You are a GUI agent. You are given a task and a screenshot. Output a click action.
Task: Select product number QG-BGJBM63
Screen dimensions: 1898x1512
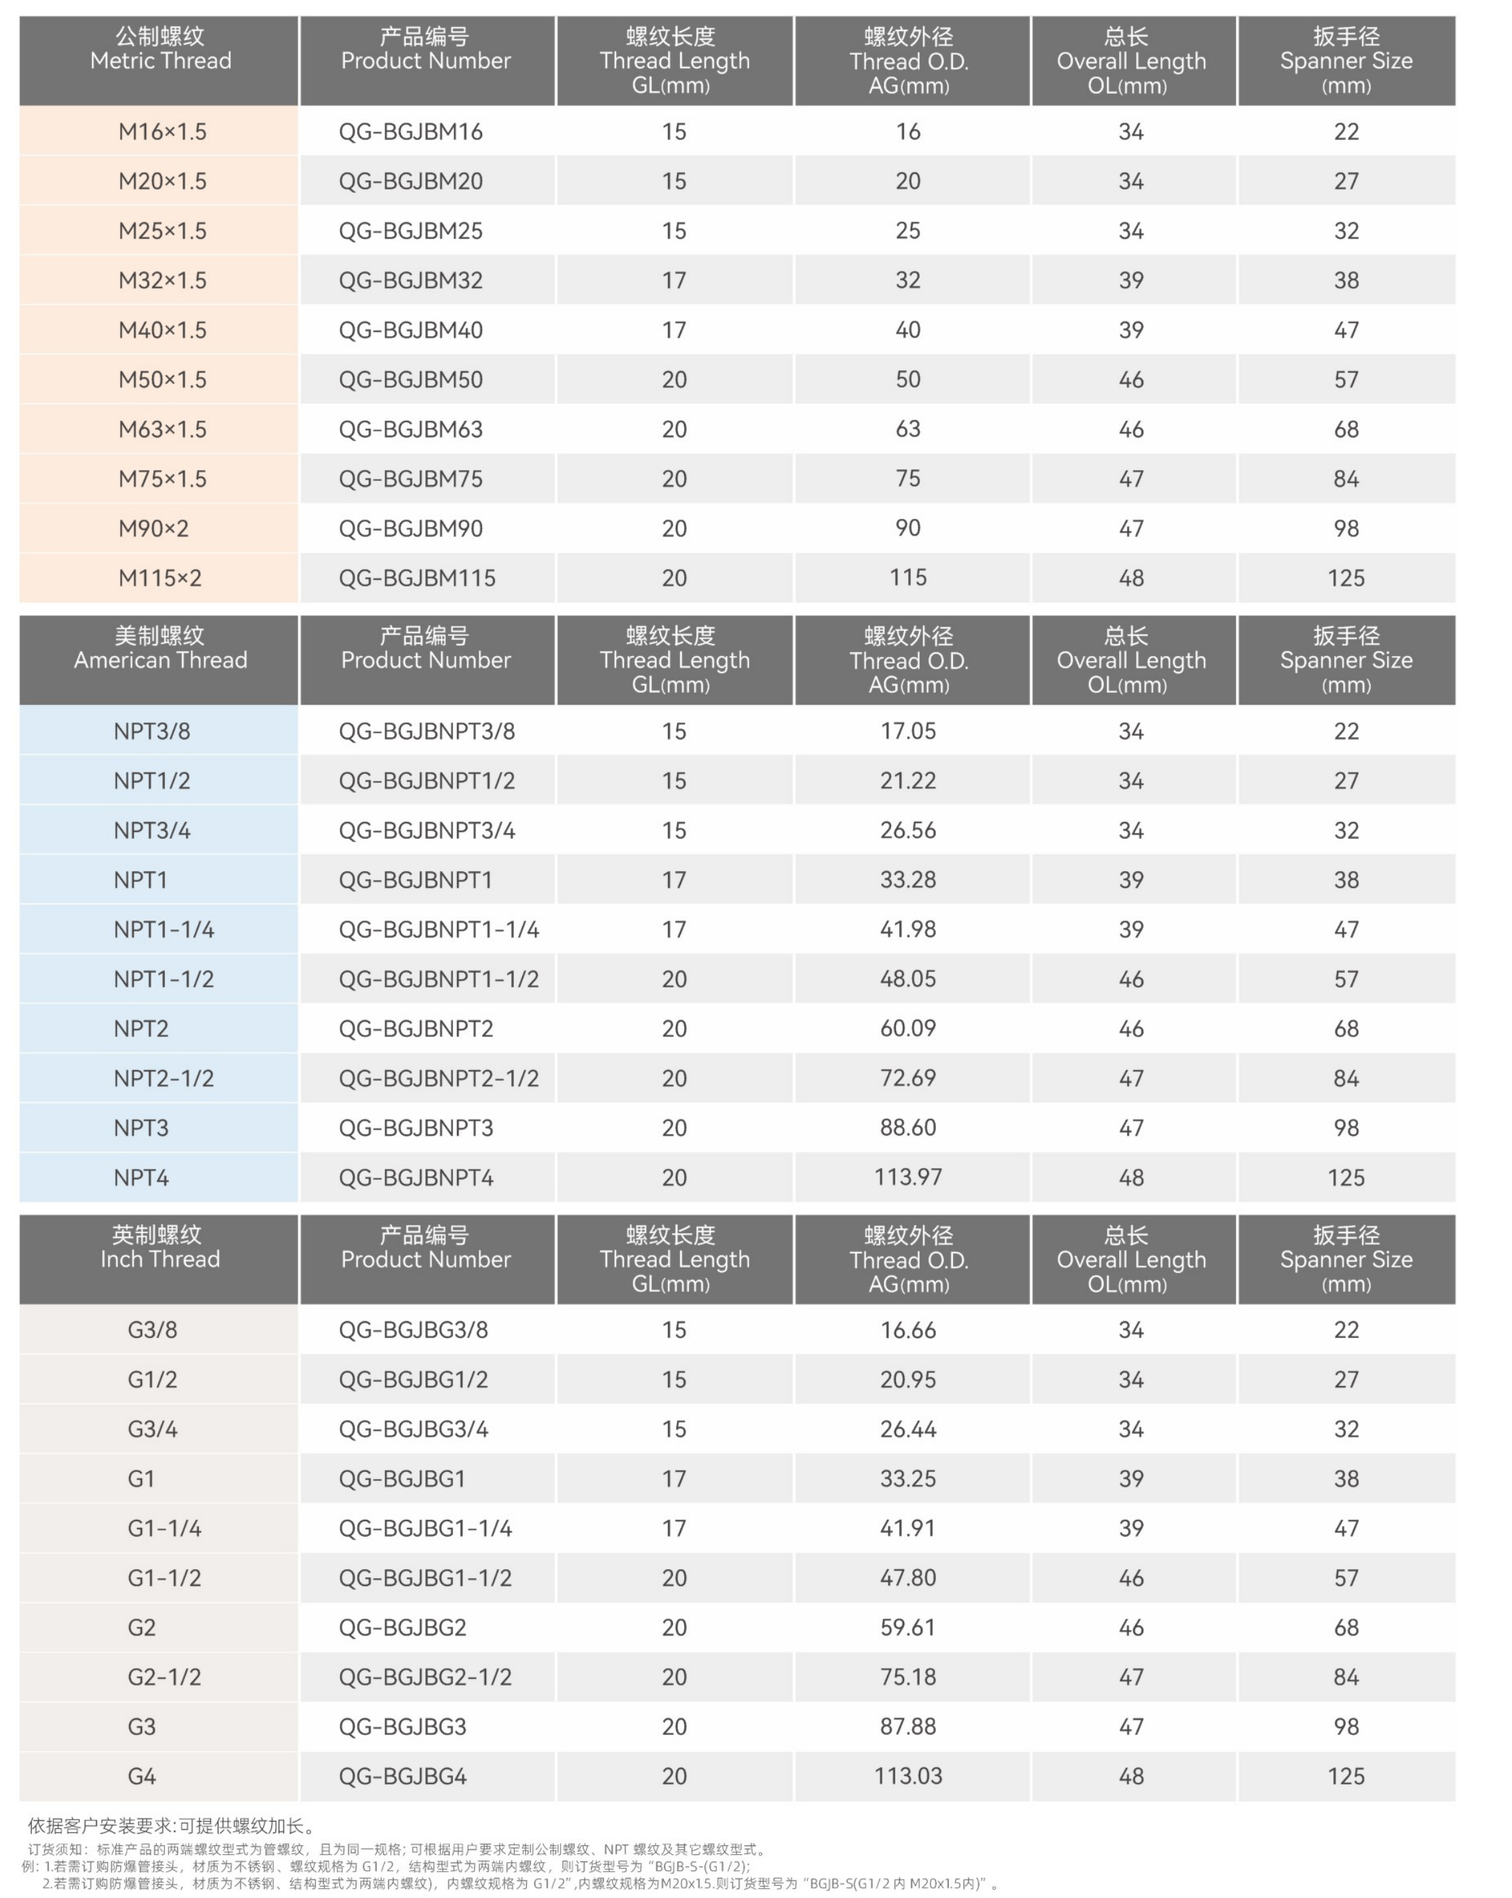[x=410, y=429]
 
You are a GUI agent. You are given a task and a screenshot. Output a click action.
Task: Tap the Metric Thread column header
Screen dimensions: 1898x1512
[x=160, y=49]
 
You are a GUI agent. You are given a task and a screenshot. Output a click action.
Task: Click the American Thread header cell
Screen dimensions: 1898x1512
[x=160, y=648]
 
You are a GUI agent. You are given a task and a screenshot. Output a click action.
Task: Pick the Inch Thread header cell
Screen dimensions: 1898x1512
[x=160, y=1247]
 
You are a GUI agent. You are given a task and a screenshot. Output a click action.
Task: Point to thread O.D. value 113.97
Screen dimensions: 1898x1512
[x=907, y=1177]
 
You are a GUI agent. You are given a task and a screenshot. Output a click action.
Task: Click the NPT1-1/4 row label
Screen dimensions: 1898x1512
[x=163, y=929]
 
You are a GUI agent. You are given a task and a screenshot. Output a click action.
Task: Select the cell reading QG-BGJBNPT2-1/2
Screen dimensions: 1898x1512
[x=438, y=1078]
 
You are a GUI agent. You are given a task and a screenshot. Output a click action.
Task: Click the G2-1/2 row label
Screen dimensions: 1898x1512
[x=164, y=1676]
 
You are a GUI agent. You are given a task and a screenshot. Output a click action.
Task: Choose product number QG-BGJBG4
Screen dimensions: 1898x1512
[x=402, y=1776]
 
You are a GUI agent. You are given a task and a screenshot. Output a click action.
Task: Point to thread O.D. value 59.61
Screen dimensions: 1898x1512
[x=907, y=1627]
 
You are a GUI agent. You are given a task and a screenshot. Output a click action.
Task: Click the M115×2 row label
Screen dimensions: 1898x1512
[x=160, y=578]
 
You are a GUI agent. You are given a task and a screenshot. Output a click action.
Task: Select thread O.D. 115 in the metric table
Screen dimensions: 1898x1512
[x=907, y=578]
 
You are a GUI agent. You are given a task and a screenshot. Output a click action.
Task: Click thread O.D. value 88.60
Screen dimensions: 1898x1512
[x=907, y=1127]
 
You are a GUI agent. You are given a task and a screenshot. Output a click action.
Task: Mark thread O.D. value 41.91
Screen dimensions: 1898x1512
[x=907, y=1527]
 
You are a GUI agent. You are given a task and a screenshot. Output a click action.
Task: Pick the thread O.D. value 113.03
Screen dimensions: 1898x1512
[x=907, y=1776]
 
